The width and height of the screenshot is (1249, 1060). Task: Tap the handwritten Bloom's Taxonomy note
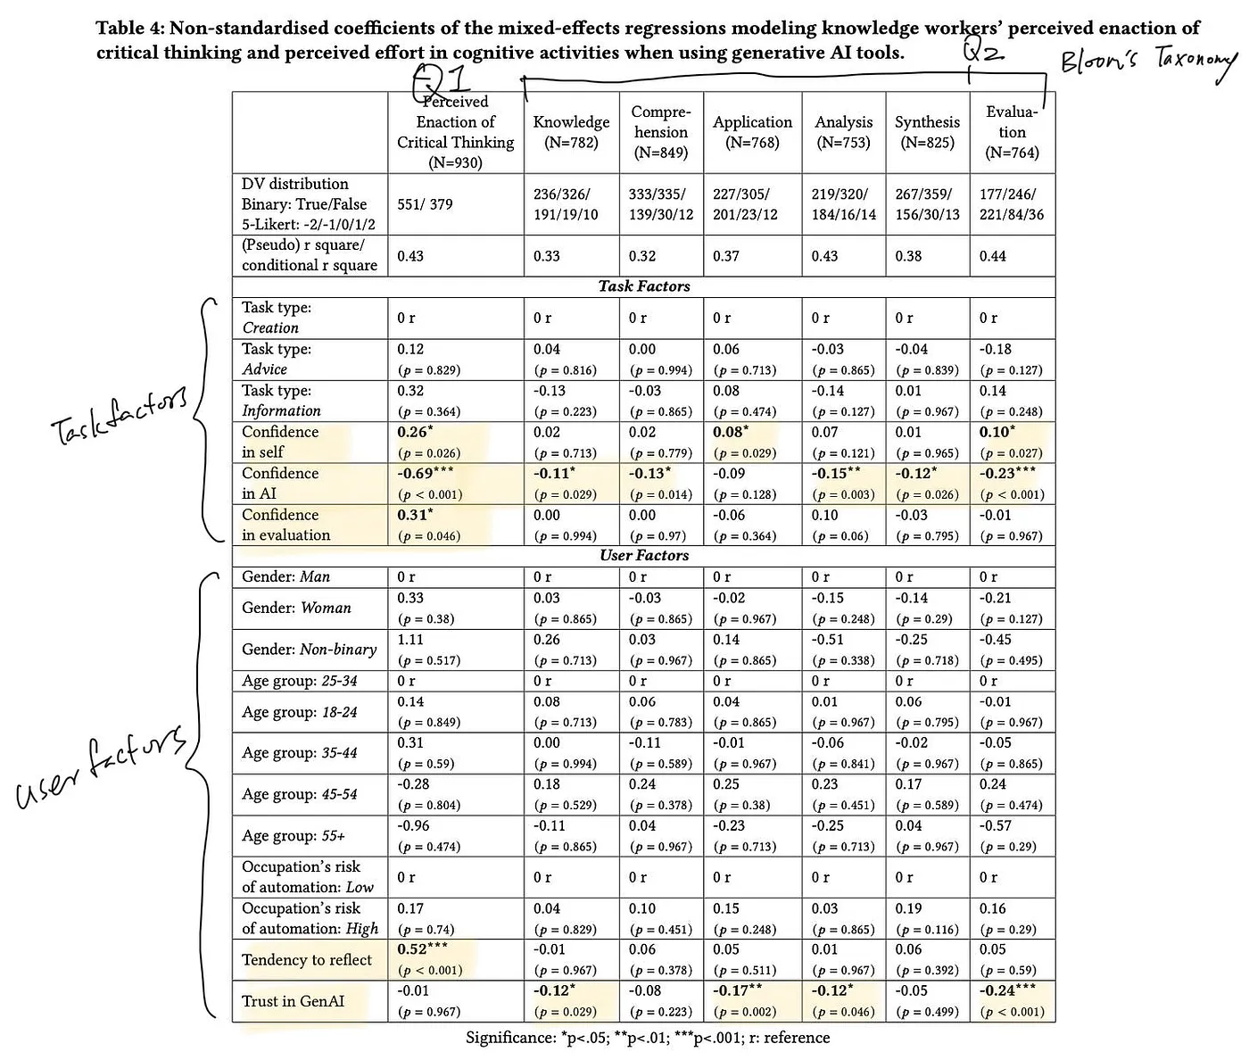coord(1147,63)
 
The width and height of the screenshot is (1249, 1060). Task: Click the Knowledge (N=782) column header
coord(571,132)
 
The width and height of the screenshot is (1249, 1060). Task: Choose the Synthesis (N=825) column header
coord(927,132)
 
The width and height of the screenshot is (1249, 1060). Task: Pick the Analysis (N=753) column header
coord(843,132)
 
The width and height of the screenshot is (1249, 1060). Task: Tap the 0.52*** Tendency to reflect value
coord(422,950)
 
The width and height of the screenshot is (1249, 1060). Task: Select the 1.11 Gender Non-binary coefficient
coord(410,640)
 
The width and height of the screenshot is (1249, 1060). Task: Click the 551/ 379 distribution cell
coord(425,204)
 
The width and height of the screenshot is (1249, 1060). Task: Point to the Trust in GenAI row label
coord(293,1001)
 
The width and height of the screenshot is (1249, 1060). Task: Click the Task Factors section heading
coord(643,286)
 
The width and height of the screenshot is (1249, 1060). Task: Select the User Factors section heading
coord(643,556)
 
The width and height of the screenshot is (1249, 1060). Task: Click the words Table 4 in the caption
coord(129,29)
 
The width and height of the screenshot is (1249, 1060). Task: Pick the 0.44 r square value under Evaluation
coord(992,256)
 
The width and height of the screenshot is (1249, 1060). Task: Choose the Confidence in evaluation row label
coord(285,525)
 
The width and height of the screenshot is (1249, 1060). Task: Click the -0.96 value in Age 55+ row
coord(413,826)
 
